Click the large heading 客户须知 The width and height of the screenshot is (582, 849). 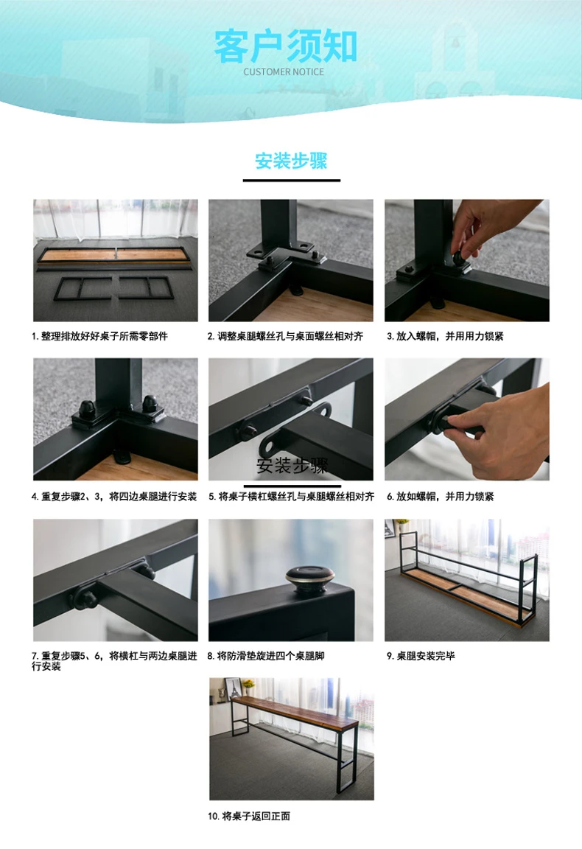point(285,46)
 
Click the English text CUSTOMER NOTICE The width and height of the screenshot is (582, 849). point(284,72)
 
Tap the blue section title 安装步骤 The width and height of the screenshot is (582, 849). point(291,161)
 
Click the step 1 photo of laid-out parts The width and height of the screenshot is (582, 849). point(116,260)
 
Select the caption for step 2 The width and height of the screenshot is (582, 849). point(285,336)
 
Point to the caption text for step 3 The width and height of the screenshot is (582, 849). point(445,336)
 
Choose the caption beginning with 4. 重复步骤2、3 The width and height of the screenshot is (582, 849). point(114,497)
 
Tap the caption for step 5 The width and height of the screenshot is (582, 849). point(291,497)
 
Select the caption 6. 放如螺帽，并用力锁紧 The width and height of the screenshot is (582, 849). point(440,497)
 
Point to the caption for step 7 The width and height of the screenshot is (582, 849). point(114,661)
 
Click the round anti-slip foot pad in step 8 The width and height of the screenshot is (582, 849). point(309,579)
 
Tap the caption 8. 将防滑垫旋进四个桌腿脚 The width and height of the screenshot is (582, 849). point(266,656)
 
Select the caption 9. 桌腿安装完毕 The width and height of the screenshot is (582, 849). point(421,656)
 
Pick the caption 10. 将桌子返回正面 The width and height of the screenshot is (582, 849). point(249,816)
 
